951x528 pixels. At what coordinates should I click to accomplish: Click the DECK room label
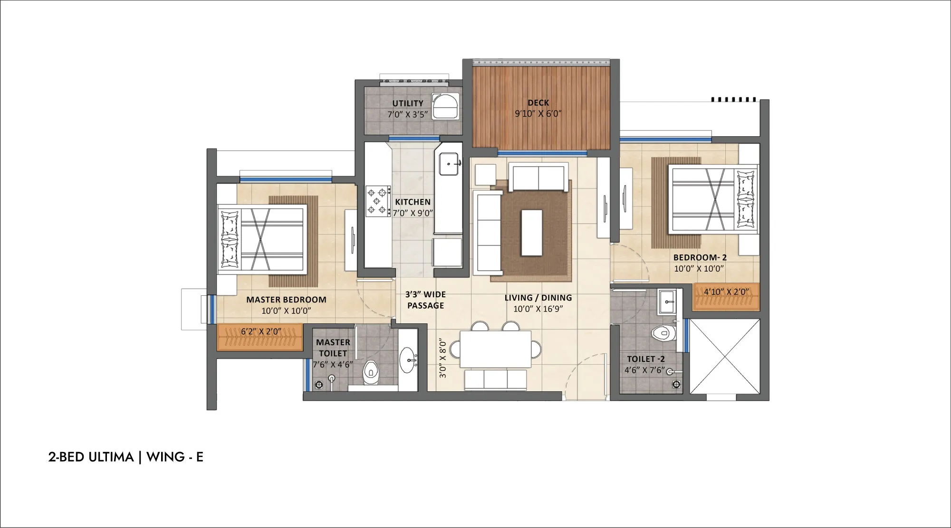tap(538, 103)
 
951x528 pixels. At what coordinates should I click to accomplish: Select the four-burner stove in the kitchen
tap(378, 201)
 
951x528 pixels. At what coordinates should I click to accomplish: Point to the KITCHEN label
tap(413, 202)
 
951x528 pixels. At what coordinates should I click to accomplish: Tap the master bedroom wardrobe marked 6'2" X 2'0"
tap(260, 337)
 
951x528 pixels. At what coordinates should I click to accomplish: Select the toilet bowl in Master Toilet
tap(371, 373)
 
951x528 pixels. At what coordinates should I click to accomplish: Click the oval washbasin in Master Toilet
tap(408, 360)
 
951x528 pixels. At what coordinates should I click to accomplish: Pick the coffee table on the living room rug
tap(532, 233)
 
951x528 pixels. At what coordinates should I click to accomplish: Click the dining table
tap(495, 349)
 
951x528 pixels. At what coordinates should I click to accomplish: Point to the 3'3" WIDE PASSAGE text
tap(425, 300)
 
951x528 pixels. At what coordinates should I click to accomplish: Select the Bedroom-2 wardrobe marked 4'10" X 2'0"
tap(726, 297)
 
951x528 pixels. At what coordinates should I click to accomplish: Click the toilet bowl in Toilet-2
tap(663, 333)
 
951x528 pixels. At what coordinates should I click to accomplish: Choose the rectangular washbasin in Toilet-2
tap(667, 302)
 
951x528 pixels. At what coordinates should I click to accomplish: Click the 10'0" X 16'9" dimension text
tap(538, 309)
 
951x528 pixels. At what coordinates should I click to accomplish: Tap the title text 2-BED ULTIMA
tap(91, 457)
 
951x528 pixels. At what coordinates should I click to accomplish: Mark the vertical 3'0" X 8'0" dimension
tap(443, 358)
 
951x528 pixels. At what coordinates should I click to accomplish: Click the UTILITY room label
tap(408, 103)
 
